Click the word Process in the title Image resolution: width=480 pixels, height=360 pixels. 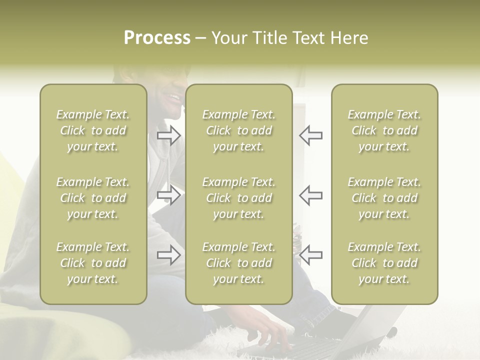point(157,38)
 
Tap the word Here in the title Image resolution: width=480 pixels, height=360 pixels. point(349,38)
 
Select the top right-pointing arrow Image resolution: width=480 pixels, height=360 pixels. point(169,135)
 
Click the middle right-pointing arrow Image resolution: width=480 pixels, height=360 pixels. point(169,195)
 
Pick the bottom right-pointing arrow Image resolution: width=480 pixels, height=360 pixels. point(169,255)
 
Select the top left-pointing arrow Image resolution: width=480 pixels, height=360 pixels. point(311,135)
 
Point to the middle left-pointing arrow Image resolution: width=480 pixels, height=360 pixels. point(311,195)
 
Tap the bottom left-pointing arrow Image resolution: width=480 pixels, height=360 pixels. point(311,255)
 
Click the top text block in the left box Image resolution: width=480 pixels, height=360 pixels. point(93,130)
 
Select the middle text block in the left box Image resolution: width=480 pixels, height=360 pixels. point(93,198)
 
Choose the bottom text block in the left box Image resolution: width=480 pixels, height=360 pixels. point(93,263)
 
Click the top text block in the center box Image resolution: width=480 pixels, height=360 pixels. point(239,130)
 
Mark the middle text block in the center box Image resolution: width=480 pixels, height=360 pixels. point(239,198)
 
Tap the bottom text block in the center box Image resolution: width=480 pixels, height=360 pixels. point(239,263)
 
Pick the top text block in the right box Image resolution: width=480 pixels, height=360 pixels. point(384,130)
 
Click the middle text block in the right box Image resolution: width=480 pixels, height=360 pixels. point(384,198)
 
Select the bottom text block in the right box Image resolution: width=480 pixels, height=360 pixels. point(384,263)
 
